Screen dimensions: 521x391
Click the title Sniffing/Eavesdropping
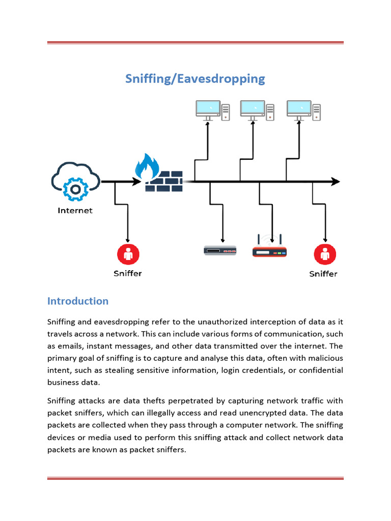coord(195,79)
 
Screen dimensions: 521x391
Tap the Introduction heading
coord(77,301)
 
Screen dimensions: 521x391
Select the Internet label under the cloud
coord(75,210)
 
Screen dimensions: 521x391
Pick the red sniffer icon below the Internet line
coord(128,254)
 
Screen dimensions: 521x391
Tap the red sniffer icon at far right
coord(324,254)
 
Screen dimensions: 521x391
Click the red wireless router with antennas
coord(270,249)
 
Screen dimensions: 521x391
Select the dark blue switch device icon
coord(220,250)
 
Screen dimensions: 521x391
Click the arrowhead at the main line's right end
coord(336,181)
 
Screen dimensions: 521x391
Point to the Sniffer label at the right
coord(323,274)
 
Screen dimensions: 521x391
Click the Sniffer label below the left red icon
coord(128,273)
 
